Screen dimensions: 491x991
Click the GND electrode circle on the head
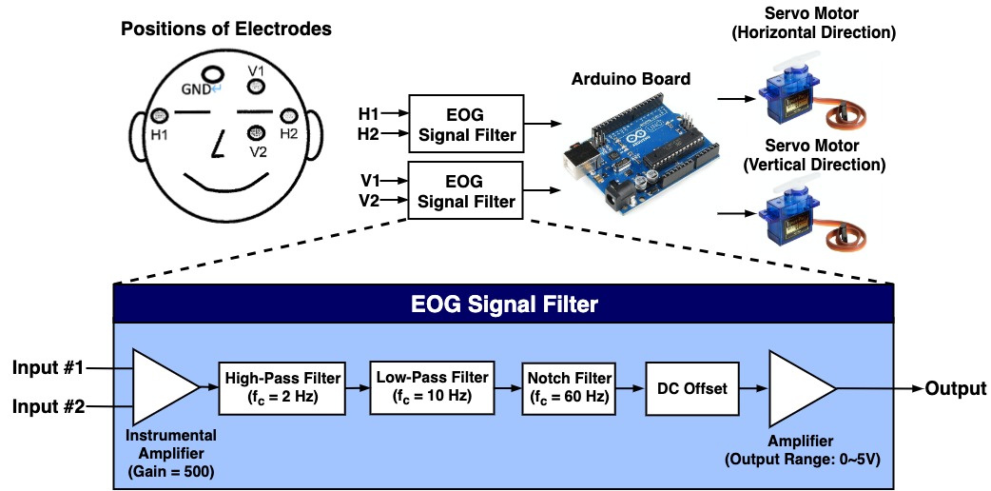212,73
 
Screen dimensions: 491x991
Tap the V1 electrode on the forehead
256,88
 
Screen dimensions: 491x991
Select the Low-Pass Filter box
434,386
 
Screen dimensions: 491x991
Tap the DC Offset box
691,388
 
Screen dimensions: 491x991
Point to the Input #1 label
49,367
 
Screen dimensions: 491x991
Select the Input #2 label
49,408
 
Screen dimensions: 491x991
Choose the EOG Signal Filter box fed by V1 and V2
465,190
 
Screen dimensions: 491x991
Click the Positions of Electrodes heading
226,29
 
